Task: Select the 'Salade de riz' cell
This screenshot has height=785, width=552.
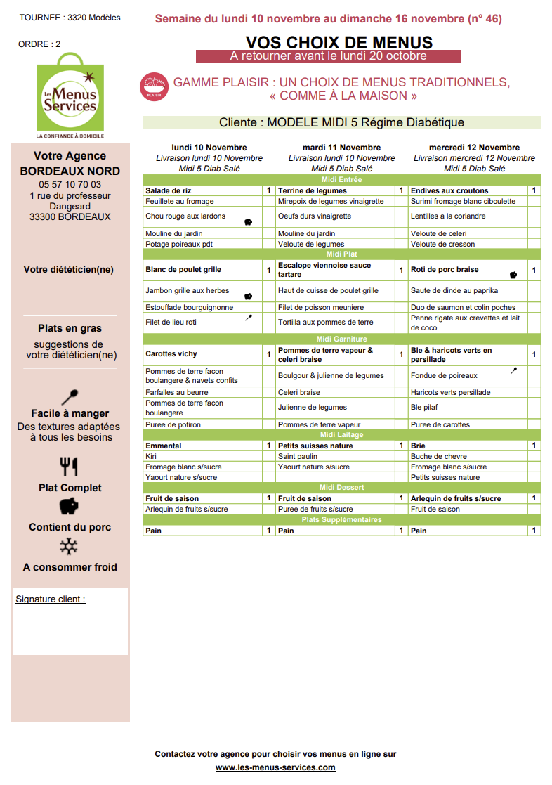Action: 169,190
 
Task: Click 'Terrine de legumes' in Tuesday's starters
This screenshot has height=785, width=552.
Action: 313,190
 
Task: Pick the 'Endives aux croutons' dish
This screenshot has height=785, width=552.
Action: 449,190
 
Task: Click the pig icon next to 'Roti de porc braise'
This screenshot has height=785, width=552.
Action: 513,275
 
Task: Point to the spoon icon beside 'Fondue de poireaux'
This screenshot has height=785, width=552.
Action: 513,370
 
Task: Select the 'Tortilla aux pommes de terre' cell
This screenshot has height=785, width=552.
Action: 326,323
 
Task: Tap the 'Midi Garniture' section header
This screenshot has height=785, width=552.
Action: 341,339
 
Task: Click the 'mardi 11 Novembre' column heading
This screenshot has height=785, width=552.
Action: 341,148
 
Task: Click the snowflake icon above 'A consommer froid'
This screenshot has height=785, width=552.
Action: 69,547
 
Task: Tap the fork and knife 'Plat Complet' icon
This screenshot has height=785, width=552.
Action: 69,467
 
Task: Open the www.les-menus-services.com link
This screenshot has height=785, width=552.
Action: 275,767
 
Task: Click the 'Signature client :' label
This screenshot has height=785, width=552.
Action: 51,599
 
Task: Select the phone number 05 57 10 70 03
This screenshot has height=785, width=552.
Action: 70,185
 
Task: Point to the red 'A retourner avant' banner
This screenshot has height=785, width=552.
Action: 328,56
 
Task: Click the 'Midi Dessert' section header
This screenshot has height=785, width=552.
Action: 341,488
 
